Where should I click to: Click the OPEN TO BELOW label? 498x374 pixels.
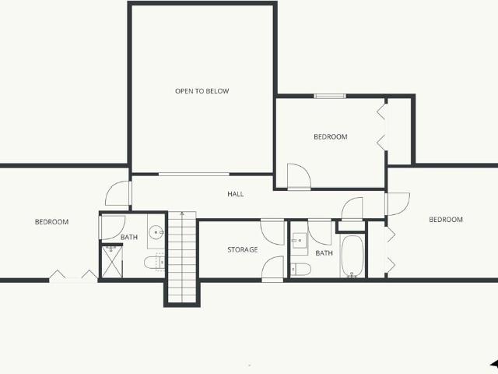[202, 91]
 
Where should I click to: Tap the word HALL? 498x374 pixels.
[235, 194]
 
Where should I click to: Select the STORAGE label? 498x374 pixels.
[242, 249]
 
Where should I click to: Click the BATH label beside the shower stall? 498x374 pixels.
[129, 237]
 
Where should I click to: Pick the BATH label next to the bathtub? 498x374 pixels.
[324, 253]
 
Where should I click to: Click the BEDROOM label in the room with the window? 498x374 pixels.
[330, 137]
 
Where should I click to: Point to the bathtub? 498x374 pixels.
[352, 256]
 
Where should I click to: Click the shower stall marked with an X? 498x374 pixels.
[111, 261]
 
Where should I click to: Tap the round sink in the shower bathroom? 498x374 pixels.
[156, 232]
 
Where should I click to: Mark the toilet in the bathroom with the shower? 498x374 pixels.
[155, 263]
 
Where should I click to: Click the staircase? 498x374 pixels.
[182, 257]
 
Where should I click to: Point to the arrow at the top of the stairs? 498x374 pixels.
[182, 214]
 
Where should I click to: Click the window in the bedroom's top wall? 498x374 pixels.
[330, 96]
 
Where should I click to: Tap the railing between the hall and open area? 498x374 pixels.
[194, 175]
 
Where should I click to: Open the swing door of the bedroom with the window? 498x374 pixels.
[299, 177]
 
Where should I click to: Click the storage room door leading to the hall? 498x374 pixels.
[272, 232]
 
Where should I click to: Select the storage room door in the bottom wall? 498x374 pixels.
[273, 269]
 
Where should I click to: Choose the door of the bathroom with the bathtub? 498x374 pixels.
[320, 232]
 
